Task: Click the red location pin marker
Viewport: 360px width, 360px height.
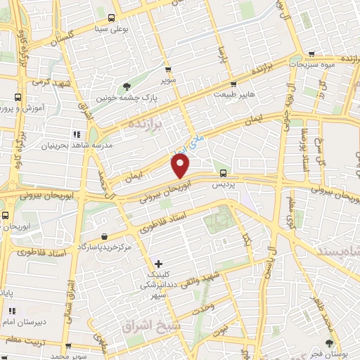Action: pyautogui.click(x=181, y=166)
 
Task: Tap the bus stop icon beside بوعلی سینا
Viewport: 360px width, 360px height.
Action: pyautogui.click(x=112, y=18)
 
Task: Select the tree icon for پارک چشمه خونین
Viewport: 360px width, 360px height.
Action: pyautogui.click(x=127, y=86)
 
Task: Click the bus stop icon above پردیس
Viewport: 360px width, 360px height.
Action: pyautogui.click(x=223, y=173)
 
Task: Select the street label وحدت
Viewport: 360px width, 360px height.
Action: pyautogui.click(x=202, y=307)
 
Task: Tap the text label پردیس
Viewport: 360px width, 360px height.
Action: pyautogui.click(x=223, y=184)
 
